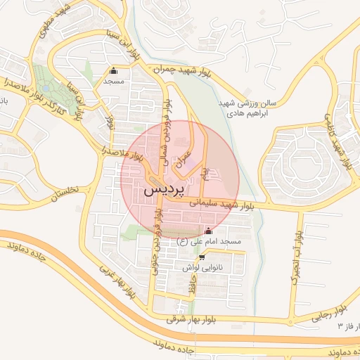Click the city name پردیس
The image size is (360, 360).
point(166,191)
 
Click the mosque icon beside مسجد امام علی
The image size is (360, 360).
point(207,231)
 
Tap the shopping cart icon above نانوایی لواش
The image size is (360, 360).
point(202,257)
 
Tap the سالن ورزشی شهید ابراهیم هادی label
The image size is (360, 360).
point(247,108)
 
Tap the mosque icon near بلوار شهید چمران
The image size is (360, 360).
point(114,70)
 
